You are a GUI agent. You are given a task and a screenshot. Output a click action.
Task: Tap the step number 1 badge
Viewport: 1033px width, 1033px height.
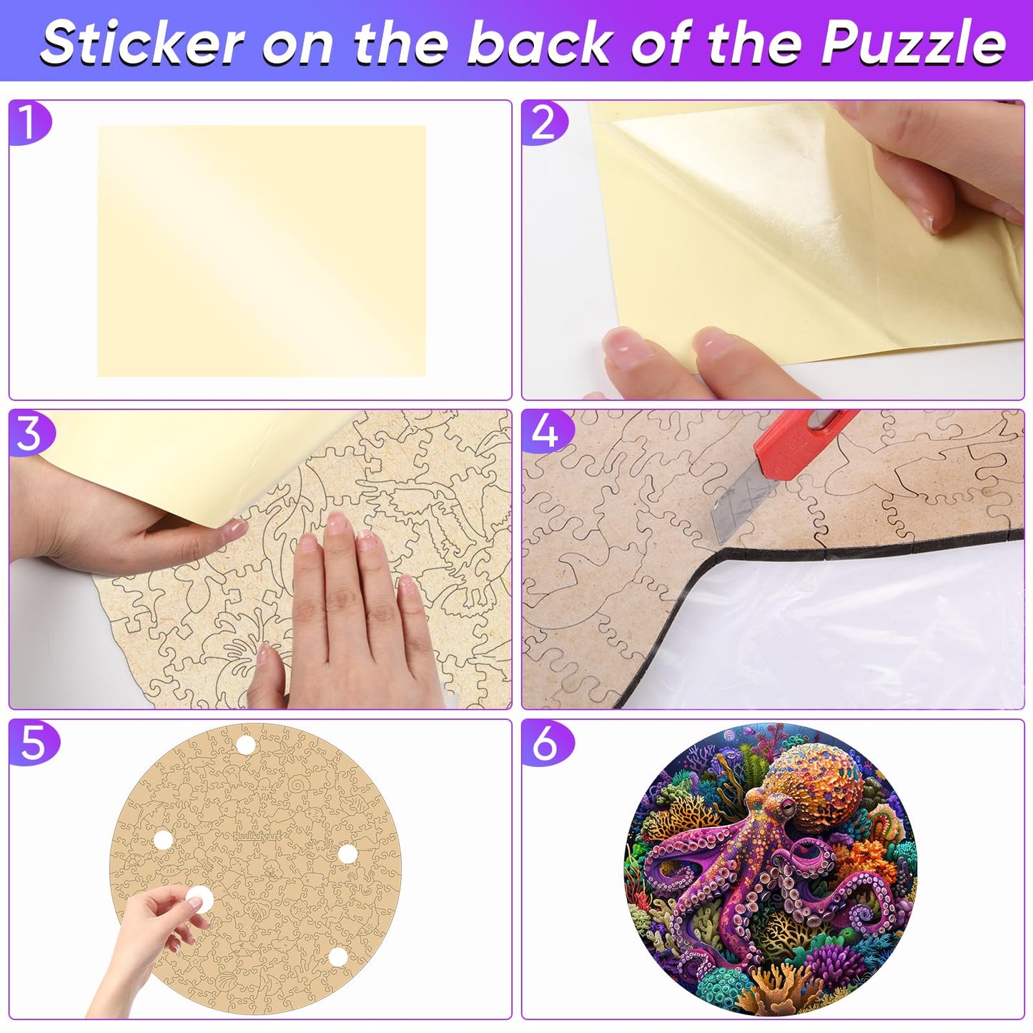[x=29, y=123]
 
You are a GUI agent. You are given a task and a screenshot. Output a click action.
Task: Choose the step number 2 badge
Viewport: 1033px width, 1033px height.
[x=543, y=123]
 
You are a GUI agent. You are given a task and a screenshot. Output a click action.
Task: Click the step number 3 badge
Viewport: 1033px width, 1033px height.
[x=31, y=433]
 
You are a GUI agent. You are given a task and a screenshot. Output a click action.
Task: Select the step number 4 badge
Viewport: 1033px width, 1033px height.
[x=545, y=433]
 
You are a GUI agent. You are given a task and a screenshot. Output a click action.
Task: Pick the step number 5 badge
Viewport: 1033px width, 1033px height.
[x=33, y=743]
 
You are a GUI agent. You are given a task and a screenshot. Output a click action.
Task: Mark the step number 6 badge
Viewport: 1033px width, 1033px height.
[x=545, y=743]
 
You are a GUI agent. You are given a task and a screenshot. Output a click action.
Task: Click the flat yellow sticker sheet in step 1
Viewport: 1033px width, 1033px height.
[x=262, y=251]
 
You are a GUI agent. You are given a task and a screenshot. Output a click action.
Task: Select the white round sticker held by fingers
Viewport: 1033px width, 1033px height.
[x=199, y=899]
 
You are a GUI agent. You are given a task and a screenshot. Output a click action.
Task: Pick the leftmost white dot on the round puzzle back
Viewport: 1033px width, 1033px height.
[x=163, y=840]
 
